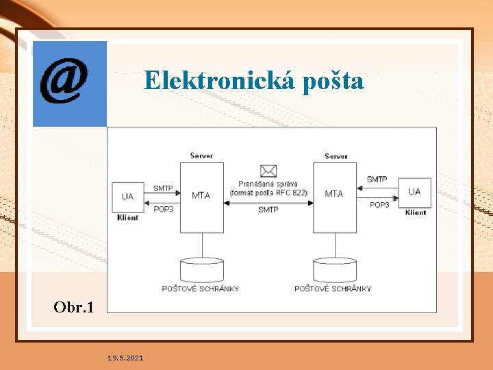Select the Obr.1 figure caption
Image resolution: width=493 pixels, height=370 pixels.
73,306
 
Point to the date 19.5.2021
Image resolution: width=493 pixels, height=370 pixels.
125,358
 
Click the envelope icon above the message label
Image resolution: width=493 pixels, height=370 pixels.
268,171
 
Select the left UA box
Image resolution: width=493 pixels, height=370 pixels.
128,197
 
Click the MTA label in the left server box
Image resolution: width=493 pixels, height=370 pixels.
201,195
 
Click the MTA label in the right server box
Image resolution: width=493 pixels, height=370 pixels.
334,194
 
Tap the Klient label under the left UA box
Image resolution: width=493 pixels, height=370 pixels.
127,217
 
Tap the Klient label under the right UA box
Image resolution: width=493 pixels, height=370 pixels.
415,212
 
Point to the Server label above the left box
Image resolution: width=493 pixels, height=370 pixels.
201,156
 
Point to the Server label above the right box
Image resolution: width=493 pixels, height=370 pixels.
336,156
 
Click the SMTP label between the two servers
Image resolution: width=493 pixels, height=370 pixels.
268,210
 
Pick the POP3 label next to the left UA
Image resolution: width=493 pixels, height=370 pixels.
163,209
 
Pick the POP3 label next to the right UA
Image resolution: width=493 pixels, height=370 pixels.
379,205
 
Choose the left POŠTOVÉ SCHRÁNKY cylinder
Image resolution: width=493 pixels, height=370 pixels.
201,270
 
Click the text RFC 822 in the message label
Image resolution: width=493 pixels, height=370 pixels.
293,193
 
